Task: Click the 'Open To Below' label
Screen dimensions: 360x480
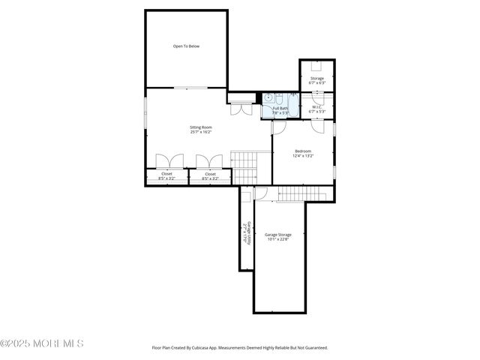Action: click(x=186, y=46)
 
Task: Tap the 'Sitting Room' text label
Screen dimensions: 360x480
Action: click(x=200, y=127)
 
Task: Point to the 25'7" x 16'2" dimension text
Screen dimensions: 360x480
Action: click(x=200, y=132)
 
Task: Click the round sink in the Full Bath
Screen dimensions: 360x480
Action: click(x=267, y=97)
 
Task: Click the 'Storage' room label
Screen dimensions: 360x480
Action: click(x=317, y=78)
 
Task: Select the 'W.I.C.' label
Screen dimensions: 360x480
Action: click(x=317, y=106)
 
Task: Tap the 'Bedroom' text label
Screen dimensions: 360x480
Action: click(x=303, y=151)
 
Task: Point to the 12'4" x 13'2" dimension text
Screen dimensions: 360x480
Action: click(x=303, y=156)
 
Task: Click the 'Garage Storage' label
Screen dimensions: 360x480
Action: click(x=278, y=235)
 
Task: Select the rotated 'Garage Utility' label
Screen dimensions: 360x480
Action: click(x=245, y=233)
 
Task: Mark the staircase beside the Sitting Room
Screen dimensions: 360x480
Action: click(x=243, y=166)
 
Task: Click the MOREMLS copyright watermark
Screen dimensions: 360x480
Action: click(x=42, y=343)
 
